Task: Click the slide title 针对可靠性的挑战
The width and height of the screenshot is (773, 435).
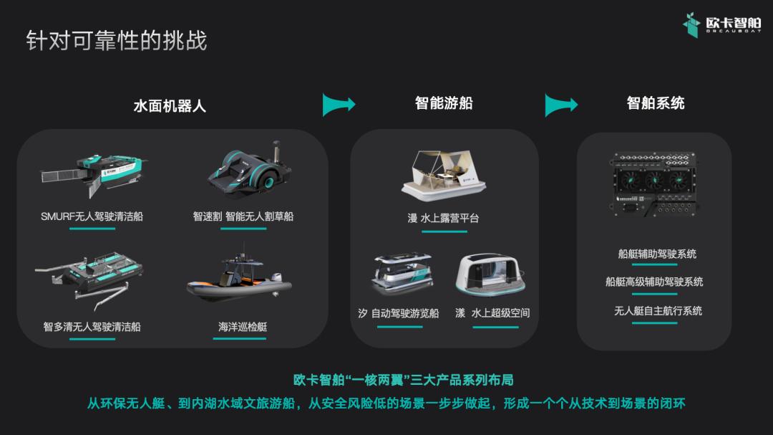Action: pyautogui.click(x=117, y=40)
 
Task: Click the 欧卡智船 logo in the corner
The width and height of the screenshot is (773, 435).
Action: pyautogui.click(x=721, y=24)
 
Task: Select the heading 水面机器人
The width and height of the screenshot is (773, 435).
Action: pyautogui.click(x=170, y=105)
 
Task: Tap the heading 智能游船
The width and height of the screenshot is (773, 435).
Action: pyautogui.click(x=444, y=102)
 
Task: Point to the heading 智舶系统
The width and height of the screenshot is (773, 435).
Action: pyautogui.click(x=656, y=102)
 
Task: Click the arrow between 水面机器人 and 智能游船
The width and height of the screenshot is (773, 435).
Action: pyautogui.click(x=339, y=104)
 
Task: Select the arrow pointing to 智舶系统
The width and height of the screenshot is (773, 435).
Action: pyautogui.click(x=561, y=104)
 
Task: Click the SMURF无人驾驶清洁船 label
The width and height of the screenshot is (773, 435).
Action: pyautogui.click(x=92, y=216)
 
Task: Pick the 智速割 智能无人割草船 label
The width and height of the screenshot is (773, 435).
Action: pyautogui.click(x=243, y=216)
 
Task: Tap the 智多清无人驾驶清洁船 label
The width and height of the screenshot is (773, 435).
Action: pyautogui.click(x=92, y=326)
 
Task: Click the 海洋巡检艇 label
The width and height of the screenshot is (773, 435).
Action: pyautogui.click(x=243, y=326)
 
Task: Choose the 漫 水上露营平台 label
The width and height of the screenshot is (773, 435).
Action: pyautogui.click(x=443, y=218)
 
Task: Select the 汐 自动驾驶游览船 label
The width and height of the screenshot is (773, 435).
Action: pyautogui.click(x=399, y=313)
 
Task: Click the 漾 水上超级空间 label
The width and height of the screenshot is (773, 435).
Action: pyautogui.click(x=492, y=313)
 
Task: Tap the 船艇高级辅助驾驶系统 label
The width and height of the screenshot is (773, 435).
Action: pyautogui.click(x=654, y=282)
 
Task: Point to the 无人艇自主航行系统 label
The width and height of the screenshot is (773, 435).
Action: pyautogui.click(x=658, y=310)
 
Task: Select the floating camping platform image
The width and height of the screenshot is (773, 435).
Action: pyautogui.click(x=444, y=176)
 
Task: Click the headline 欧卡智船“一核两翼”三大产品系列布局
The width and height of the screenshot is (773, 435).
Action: pyautogui.click(x=403, y=380)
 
